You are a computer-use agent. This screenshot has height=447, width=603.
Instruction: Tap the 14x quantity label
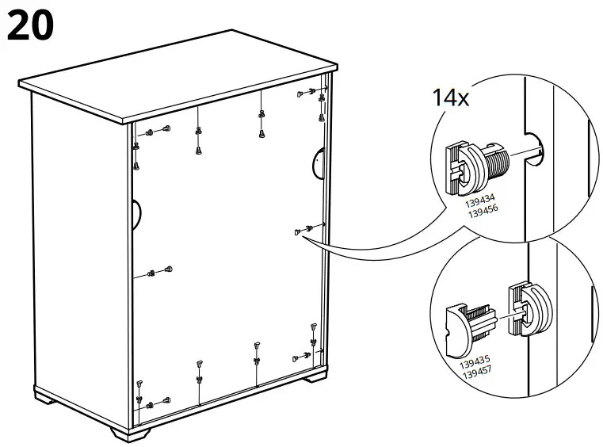pos(450,98)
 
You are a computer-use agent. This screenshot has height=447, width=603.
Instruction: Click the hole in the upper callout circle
pos(536,150)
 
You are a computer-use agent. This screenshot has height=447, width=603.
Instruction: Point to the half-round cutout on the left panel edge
pos(136,212)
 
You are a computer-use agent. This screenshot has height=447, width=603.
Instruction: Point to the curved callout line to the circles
pos(372,250)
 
